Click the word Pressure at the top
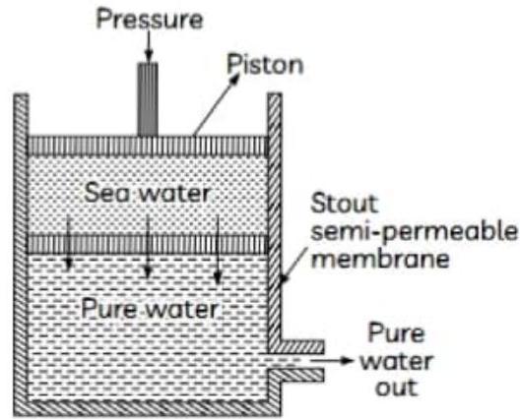(150, 20)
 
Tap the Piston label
(265, 65)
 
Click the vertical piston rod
(148, 99)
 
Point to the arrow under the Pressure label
(149, 45)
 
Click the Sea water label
(147, 193)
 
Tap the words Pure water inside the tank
(150, 309)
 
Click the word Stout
(344, 204)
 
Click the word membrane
(380, 260)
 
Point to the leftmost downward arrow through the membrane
(68, 244)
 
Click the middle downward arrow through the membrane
(148, 247)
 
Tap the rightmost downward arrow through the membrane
(218, 250)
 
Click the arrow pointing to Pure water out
(331, 360)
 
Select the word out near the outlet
(396, 388)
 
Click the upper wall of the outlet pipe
(296, 346)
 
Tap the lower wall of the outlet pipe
(296, 376)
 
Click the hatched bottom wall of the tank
(148, 407)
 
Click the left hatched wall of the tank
(21, 255)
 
